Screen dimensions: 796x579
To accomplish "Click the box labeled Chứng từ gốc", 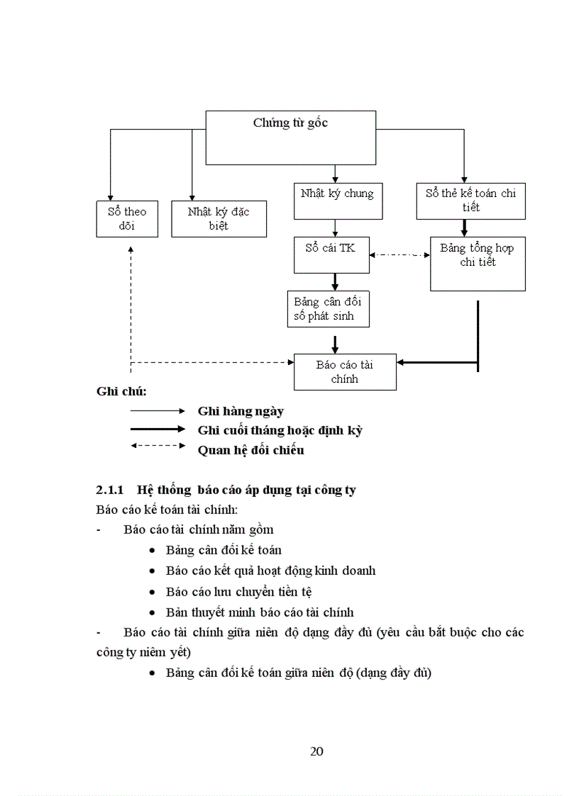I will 290,138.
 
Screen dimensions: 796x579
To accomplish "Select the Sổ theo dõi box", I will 127,219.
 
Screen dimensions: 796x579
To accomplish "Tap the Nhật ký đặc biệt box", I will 219,219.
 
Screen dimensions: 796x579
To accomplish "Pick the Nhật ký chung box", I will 337,201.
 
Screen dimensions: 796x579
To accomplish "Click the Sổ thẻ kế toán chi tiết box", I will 470,201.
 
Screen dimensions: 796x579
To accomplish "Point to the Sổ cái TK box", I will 331,255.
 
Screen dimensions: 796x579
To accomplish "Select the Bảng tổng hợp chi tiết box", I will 477,264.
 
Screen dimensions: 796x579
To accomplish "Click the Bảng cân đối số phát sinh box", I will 328,309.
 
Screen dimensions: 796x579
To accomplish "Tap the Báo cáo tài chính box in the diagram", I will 345,372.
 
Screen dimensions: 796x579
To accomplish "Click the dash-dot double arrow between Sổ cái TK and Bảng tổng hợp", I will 400,255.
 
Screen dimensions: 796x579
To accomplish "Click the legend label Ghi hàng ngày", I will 241,411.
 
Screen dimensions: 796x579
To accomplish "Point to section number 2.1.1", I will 110,490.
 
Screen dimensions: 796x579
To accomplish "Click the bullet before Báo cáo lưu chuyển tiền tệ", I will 153,592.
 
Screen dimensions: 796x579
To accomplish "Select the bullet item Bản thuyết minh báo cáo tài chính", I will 260,612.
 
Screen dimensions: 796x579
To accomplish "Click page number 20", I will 317,751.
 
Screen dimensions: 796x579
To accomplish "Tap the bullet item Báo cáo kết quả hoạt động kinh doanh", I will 270,571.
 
